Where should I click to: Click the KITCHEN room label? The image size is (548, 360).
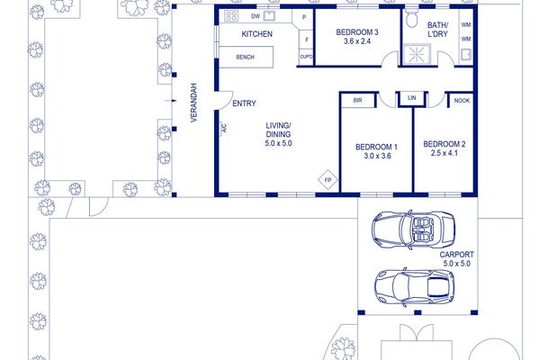[x=256, y=34]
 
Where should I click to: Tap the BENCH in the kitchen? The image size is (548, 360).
[x=246, y=57]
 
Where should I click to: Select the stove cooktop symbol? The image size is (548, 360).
[x=231, y=15]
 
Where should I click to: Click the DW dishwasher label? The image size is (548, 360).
[x=256, y=16]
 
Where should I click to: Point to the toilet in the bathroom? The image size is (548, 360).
[x=412, y=18]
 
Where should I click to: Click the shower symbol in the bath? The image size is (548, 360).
[x=417, y=55]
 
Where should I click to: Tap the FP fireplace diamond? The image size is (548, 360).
[x=328, y=180]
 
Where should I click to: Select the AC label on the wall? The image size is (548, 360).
[x=224, y=129]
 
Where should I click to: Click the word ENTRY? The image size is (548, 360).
[x=244, y=103]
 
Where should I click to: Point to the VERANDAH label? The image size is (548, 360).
[x=194, y=103]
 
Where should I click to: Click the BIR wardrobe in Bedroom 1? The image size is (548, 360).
[x=357, y=100]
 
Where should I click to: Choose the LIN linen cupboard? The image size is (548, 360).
[x=412, y=98]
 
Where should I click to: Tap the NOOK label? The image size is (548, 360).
[x=462, y=101]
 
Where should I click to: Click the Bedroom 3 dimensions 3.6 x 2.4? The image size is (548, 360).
[x=357, y=41]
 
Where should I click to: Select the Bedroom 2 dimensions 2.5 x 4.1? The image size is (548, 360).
[x=445, y=153]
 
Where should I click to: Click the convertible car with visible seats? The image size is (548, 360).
[x=413, y=229]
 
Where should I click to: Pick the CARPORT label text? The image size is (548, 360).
[x=457, y=255]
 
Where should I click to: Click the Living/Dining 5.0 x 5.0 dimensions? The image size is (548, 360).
[x=279, y=143]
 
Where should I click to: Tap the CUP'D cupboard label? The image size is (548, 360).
[x=306, y=57]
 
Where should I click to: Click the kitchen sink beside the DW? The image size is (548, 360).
[x=269, y=15]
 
